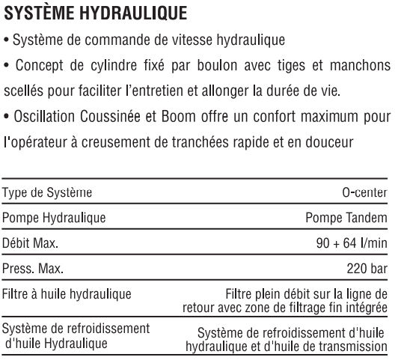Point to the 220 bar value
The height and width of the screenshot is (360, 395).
click(x=369, y=269)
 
